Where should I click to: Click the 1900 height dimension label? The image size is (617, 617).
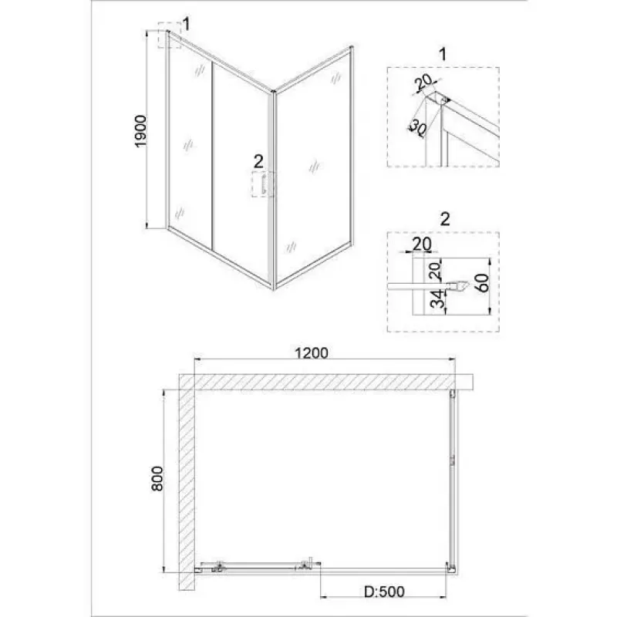pos(140,131)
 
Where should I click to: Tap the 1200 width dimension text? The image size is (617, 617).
pos(312,353)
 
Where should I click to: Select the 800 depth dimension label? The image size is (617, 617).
pos(157,478)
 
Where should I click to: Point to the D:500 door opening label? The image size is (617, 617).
pos(384,591)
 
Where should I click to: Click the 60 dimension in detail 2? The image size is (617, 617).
pos(483,282)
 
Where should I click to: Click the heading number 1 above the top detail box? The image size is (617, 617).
pos(443,54)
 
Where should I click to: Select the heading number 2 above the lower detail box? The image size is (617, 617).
pos(445,219)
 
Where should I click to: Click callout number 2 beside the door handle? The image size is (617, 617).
pos(258,161)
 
